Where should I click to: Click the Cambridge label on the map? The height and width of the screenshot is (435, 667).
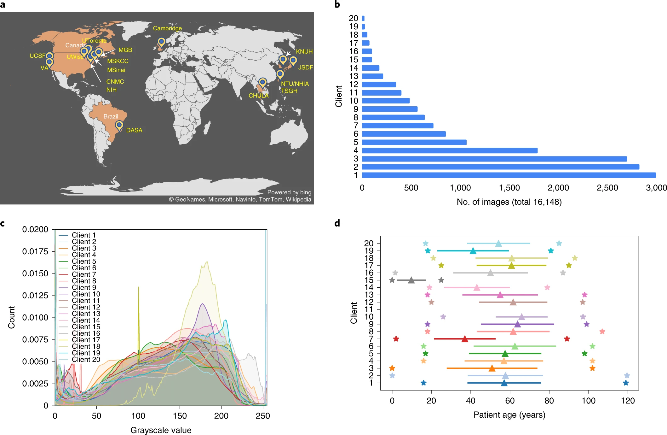(x=167, y=28)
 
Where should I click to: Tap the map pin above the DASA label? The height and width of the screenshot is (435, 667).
(x=119, y=125)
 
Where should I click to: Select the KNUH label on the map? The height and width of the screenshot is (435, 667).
(x=304, y=51)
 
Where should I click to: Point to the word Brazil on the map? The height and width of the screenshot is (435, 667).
(x=111, y=116)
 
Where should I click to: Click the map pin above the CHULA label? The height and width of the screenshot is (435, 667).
(x=262, y=82)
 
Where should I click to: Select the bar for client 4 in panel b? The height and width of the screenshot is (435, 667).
(x=450, y=150)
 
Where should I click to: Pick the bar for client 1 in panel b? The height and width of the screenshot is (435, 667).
(x=509, y=175)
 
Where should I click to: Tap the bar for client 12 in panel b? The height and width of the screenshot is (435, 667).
(x=379, y=85)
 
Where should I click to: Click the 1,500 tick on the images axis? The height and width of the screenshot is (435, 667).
(x=509, y=188)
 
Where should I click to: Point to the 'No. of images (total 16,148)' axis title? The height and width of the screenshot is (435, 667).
(x=509, y=202)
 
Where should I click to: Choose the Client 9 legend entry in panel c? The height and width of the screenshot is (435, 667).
(x=84, y=287)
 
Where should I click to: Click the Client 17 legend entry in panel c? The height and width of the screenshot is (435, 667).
(x=86, y=340)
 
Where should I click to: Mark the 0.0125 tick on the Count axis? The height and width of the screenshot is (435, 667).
(x=35, y=296)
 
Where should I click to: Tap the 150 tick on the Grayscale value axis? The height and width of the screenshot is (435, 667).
(x=180, y=416)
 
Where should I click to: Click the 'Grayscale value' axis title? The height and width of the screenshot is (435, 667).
(x=161, y=430)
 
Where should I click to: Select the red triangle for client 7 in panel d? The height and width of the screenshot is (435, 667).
(x=465, y=339)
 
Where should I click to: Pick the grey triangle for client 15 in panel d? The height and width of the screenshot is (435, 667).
(x=411, y=280)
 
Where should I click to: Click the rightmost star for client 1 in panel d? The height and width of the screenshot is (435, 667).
(x=626, y=383)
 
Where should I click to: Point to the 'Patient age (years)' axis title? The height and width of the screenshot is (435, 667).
(x=509, y=415)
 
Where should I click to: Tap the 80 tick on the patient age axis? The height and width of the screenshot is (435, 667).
(x=549, y=401)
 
